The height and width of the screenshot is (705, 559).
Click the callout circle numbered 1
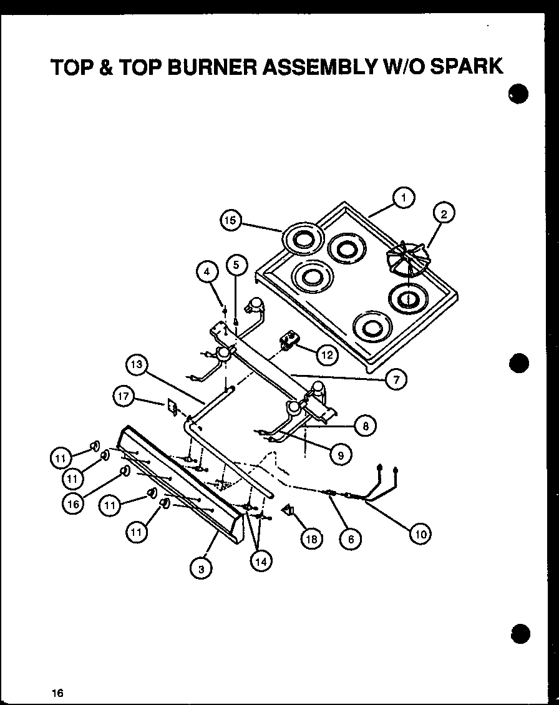(404, 198)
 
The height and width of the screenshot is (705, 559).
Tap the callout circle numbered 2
(444, 214)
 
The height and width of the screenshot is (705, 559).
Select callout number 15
(231, 220)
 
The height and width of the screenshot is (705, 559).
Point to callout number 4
(207, 271)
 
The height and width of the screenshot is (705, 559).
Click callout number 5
(235, 265)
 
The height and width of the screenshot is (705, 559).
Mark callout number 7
(396, 378)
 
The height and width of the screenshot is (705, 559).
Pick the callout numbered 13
(137, 364)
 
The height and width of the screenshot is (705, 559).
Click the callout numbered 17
(124, 396)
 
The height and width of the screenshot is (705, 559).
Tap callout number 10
(420, 533)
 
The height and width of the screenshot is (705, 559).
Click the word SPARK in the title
(465, 67)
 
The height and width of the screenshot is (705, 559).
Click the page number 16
(57, 693)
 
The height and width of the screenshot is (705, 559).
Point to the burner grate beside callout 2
(406, 258)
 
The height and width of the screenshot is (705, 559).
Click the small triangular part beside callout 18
(289, 511)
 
